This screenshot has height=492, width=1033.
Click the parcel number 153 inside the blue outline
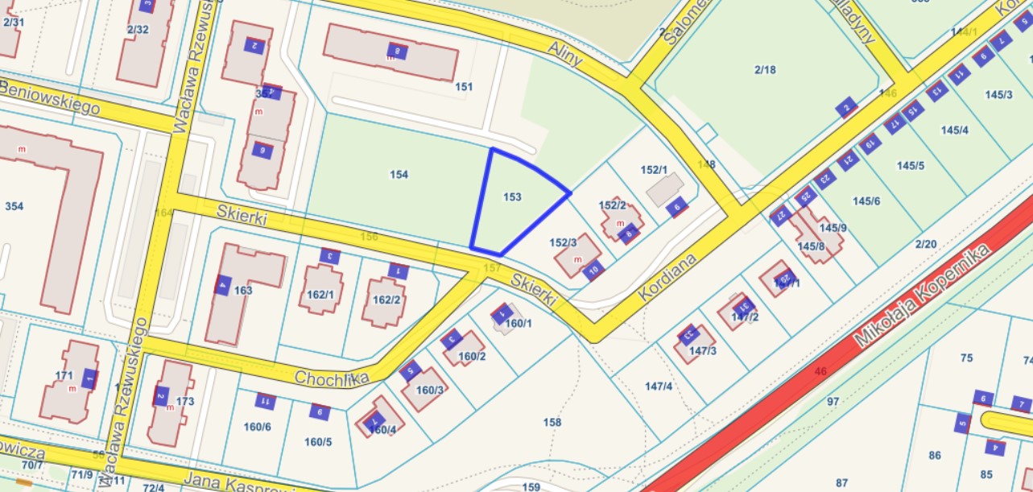click(x=512, y=196)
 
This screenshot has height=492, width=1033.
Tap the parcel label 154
click(x=399, y=175)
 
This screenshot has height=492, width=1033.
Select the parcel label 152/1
click(x=654, y=170)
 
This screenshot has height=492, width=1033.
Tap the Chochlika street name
click(x=331, y=378)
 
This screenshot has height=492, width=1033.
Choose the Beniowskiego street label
click(x=50, y=97)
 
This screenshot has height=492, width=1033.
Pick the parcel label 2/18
click(x=765, y=70)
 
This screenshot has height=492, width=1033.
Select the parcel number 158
click(x=552, y=422)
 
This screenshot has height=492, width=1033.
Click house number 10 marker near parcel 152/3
click(x=593, y=270)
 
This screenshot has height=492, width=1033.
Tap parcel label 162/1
click(x=320, y=294)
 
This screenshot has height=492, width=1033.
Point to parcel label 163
click(x=243, y=290)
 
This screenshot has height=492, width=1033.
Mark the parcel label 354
click(x=14, y=206)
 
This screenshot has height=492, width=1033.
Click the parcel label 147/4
click(x=658, y=387)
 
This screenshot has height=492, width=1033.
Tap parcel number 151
click(x=464, y=86)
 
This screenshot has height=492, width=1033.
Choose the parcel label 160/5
click(x=318, y=441)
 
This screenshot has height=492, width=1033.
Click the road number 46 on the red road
click(x=820, y=371)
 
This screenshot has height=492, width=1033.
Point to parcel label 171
click(x=64, y=375)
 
